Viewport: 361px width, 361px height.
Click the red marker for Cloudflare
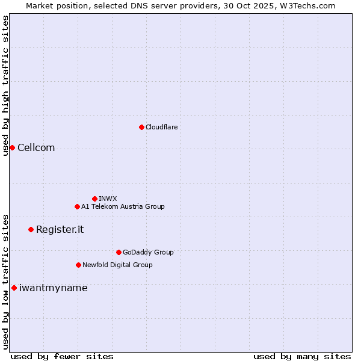click(141, 127)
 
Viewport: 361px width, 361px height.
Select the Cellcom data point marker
click(12, 148)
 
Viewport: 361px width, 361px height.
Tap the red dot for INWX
click(94, 199)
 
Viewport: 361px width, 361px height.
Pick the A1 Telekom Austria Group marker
click(77, 206)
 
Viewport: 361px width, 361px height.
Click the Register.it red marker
click(31, 229)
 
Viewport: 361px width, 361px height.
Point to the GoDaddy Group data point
click(119, 252)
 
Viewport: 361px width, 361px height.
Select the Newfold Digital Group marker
click(78, 265)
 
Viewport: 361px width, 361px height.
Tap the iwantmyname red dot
click(14, 288)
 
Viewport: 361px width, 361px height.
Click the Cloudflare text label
click(162, 127)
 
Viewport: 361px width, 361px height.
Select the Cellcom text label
click(36, 148)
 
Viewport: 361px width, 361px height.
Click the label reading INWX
click(108, 199)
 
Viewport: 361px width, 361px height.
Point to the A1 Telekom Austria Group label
click(123, 206)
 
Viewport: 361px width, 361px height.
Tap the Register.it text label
click(60, 229)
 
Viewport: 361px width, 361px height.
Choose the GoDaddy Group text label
click(148, 252)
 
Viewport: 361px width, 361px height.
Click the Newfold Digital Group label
click(117, 265)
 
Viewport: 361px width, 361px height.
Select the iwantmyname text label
click(53, 288)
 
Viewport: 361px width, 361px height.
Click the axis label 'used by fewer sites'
click(62, 357)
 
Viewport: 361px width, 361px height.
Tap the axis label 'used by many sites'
click(302, 357)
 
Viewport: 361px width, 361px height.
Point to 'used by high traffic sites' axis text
click(5, 85)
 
